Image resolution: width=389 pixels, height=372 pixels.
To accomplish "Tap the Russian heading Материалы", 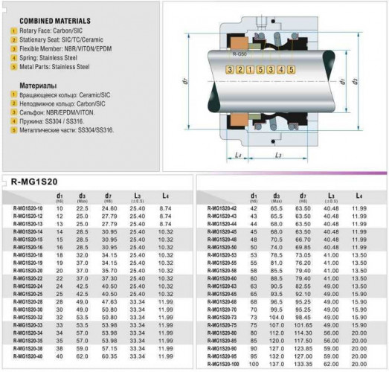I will coord(34,86).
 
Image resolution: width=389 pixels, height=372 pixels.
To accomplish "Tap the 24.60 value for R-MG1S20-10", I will coord(109,208).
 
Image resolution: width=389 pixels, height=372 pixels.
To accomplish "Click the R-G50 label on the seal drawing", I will coord(239,55).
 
